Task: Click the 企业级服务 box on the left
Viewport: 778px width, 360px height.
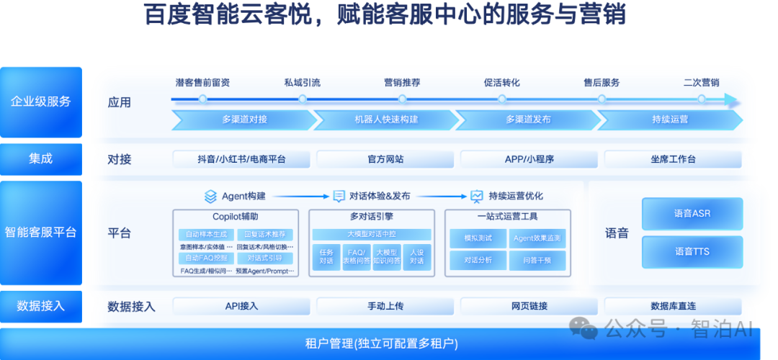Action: [x=41, y=102]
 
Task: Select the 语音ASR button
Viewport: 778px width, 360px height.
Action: [x=692, y=214]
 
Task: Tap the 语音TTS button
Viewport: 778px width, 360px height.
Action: [x=692, y=251]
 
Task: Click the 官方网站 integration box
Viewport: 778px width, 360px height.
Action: [x=385, y=159]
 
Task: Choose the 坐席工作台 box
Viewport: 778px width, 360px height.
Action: [x=672, y=159]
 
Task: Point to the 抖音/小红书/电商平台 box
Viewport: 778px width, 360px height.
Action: [x=241, y=159]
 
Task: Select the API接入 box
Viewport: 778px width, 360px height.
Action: [x=241, y=306]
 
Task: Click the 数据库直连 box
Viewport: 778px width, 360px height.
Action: [x=672, y=306]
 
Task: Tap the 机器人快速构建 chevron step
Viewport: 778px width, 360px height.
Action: [x=385, y=119]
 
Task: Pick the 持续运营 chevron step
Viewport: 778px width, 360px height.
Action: [x=669, y=119]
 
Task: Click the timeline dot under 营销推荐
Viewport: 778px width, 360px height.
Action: [x=402, y=99]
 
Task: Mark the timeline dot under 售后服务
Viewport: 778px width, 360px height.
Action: [x=602, y=99]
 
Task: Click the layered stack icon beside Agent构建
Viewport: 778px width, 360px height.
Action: [x=210, y=196]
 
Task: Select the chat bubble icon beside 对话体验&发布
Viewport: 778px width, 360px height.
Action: [x=339, y=196]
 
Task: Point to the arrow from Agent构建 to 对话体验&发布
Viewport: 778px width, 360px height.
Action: [x=300, y=196]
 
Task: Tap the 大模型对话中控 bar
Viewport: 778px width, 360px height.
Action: [x=371, y=234]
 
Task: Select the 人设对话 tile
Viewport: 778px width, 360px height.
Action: [x=416, y=257]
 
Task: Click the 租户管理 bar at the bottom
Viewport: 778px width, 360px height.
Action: [x=382, y=343]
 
